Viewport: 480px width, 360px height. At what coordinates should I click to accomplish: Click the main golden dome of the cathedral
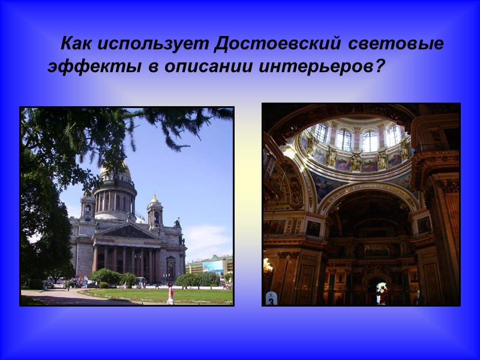point(115,170)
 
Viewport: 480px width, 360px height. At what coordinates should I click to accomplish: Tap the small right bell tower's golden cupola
point(154,200)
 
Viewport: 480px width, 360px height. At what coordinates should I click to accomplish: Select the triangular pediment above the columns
point(128,232)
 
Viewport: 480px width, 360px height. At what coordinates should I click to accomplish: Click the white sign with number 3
point(271,298)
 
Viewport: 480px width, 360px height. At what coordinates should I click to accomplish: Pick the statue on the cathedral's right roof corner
point(177,223)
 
